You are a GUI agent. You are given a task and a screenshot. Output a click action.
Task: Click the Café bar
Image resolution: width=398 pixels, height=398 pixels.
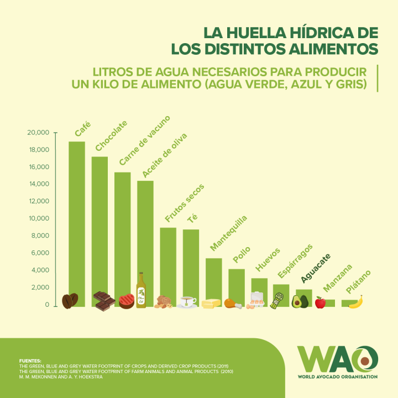[77, 221]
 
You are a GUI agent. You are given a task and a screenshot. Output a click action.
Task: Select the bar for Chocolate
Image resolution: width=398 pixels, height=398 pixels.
[99, 227]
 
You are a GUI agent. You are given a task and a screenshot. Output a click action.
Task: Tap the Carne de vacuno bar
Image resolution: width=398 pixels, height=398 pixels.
[123, 235]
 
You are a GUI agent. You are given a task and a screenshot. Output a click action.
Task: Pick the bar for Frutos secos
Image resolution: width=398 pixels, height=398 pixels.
[168, 263]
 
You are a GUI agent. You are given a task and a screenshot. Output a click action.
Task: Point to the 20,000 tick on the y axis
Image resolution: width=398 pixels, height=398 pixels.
[38, 133]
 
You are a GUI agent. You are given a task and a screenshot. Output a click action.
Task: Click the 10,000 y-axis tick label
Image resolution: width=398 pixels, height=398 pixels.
[38, 219]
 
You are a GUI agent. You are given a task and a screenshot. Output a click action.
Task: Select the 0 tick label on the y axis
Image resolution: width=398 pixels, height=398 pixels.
[47, 305]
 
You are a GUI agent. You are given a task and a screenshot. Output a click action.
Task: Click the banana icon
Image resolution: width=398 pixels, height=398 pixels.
[356, 302]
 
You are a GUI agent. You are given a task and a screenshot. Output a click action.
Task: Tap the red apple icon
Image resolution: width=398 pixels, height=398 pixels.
[320, 302]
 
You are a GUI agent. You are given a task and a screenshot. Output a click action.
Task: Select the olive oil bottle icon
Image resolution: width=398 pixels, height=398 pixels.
[141, 290]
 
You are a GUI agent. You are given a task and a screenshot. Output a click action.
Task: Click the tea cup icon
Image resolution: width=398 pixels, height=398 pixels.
[187, 302]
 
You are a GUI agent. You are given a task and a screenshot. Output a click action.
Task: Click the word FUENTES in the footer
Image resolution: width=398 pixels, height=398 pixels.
[30, 360]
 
